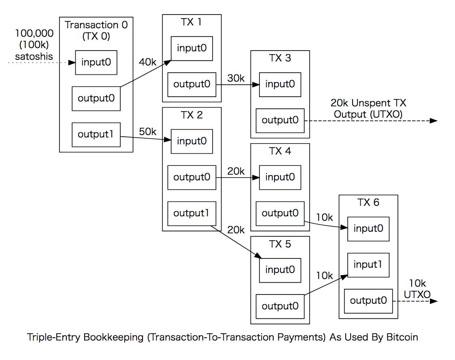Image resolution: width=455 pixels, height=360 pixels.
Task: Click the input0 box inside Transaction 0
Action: tap(96, 62)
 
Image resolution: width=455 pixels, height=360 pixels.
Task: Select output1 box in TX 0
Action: tap(96, 134)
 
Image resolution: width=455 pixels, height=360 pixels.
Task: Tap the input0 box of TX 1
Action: tap(192, 48)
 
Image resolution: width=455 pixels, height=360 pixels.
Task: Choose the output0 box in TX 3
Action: tap(280, 120)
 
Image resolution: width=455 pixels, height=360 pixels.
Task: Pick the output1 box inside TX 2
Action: tap(192, 213)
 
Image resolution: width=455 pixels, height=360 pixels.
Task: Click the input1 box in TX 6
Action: tap(368, 265)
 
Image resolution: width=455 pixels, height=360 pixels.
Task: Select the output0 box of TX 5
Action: tap(280, 306)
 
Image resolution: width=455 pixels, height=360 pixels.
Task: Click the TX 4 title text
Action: tap(280, 151)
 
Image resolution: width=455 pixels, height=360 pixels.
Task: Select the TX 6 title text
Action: tap(368, 202)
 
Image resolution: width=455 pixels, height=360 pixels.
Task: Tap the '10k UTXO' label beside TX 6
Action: tap(417, 289)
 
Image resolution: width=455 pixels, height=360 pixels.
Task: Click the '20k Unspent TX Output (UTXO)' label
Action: tap(368, 109)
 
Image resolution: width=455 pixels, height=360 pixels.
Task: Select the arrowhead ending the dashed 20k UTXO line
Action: tap(434, 121)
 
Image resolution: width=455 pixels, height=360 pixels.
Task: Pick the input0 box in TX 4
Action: tap(280, 177)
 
